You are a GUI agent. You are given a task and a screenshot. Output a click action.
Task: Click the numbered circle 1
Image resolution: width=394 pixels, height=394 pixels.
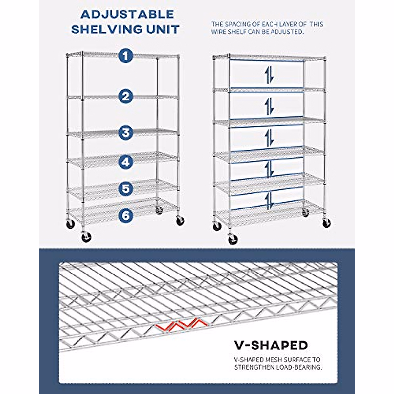[125, 56]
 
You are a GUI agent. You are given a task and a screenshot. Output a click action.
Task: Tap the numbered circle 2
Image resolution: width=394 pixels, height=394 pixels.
[125, 97]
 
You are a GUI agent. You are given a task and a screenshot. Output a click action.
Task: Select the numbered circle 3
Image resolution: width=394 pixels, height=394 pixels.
[125, 133]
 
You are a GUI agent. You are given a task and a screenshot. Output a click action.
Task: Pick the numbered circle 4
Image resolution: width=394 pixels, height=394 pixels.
[125, 162]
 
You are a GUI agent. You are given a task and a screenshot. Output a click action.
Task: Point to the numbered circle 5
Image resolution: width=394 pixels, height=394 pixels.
[125, 189]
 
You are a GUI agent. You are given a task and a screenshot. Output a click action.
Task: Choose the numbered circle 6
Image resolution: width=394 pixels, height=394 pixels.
[125, 215]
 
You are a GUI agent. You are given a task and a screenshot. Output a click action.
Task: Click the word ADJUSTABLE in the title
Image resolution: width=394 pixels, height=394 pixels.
[127, 14]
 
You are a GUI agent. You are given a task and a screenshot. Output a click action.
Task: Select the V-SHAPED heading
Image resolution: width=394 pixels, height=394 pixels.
[271, 345]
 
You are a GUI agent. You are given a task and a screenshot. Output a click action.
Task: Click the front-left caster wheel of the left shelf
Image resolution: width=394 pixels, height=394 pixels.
[86, 237]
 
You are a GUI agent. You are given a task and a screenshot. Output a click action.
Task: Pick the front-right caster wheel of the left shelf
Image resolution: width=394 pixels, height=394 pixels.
[180, 221]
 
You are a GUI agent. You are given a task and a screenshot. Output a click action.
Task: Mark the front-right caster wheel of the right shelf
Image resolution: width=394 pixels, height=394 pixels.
[327, 223]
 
